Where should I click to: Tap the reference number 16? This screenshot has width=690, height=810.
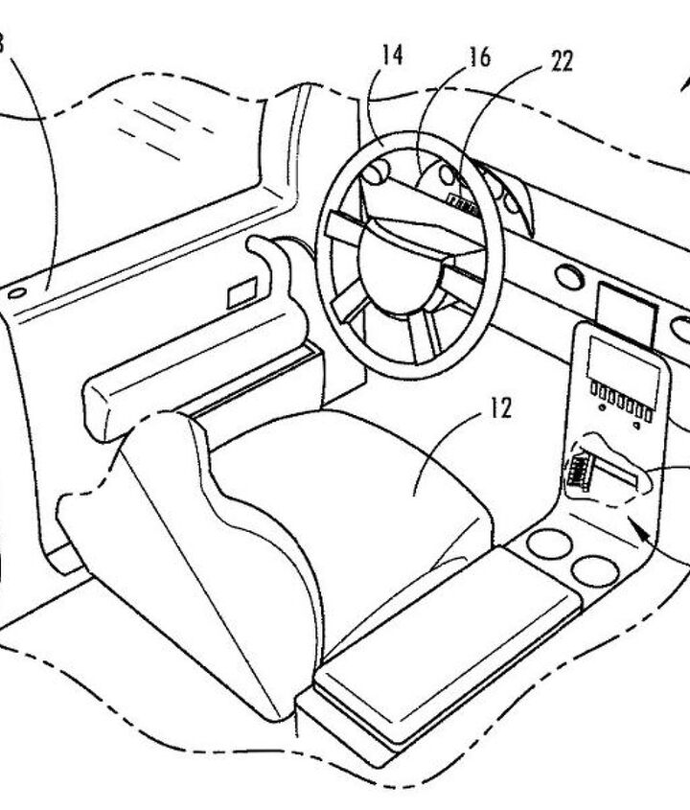[x=480, y=58]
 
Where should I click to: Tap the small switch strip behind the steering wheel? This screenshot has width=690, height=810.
[x=462, y=202]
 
